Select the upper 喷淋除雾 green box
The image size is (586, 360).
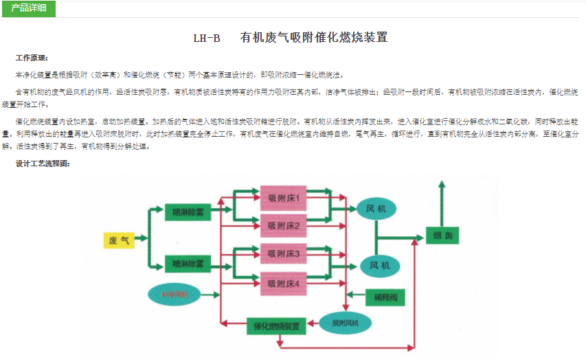[x=188, y=212]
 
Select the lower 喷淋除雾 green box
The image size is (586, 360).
[x=188, y=263]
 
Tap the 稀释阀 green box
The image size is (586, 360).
[x=385, y=297]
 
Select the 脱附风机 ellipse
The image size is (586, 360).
[x=346, y=323]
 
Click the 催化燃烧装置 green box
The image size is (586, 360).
[x=276, y=326]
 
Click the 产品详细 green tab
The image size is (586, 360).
[x=28, y=8]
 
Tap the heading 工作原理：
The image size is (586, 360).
[x=32, y=58]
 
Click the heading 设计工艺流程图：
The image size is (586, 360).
[x=42, y=164]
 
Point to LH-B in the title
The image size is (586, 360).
[x=207, y=38]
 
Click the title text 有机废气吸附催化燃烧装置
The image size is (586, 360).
[x=313, y=38]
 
